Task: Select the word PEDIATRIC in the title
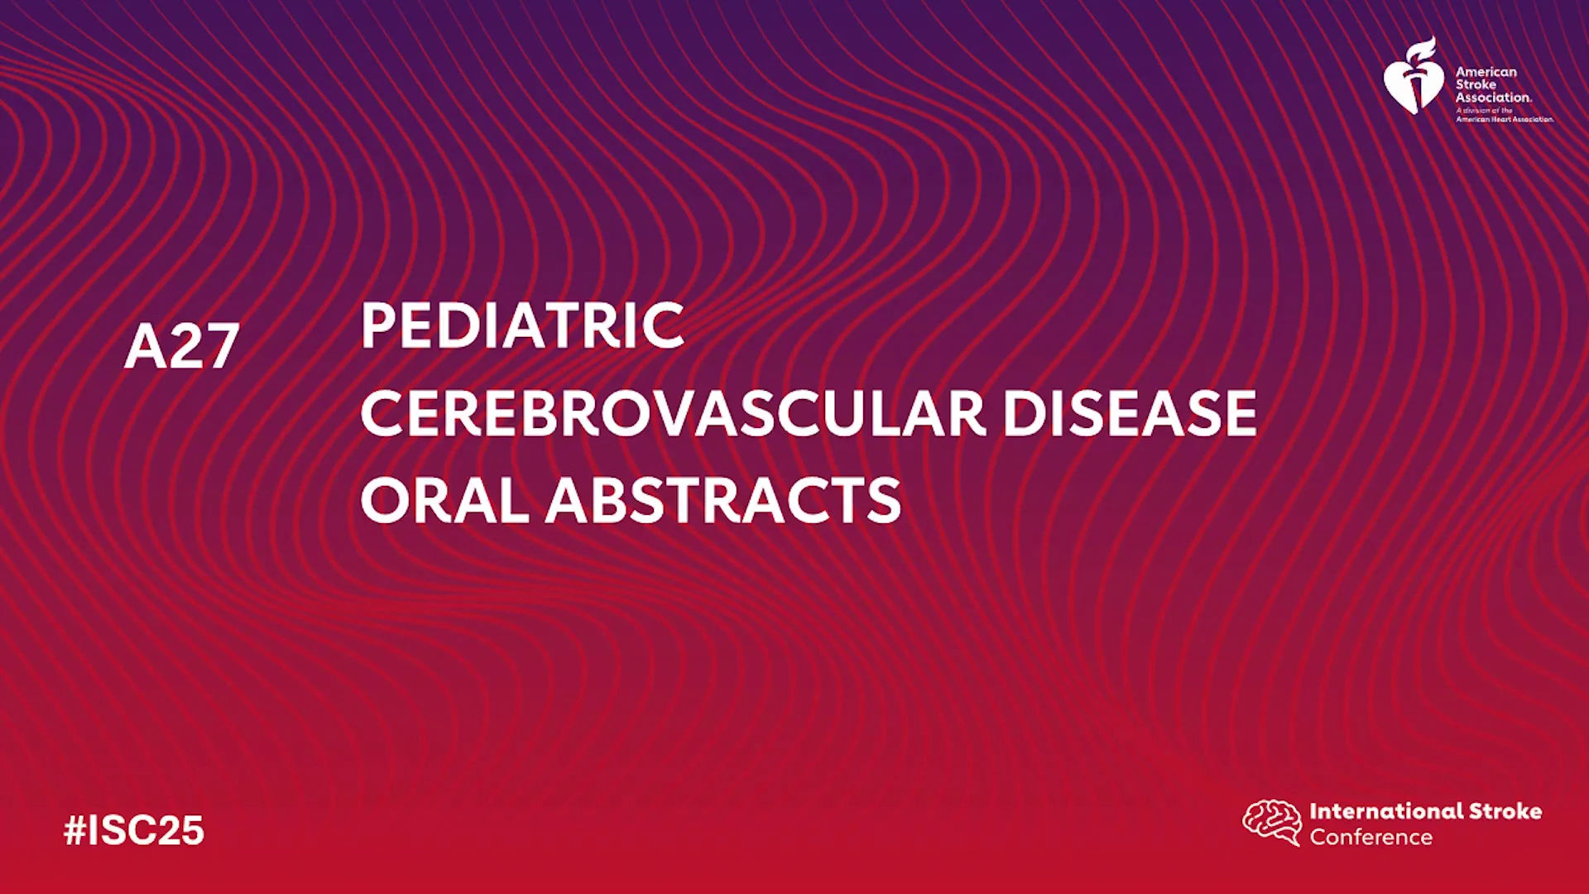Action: click(522, 325)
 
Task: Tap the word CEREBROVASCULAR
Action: click(673, 413)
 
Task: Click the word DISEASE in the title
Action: click(1130, 413)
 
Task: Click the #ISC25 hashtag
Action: click(134, 830)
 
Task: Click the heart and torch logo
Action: click(1414, 75)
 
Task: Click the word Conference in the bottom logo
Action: click(1371, 838)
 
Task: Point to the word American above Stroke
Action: click(1486, 72)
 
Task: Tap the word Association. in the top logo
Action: click(1494, 97)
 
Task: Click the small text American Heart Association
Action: click(1505, 119)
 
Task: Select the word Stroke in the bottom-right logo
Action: click(1505, 811)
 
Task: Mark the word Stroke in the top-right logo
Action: click(1476, 84)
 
